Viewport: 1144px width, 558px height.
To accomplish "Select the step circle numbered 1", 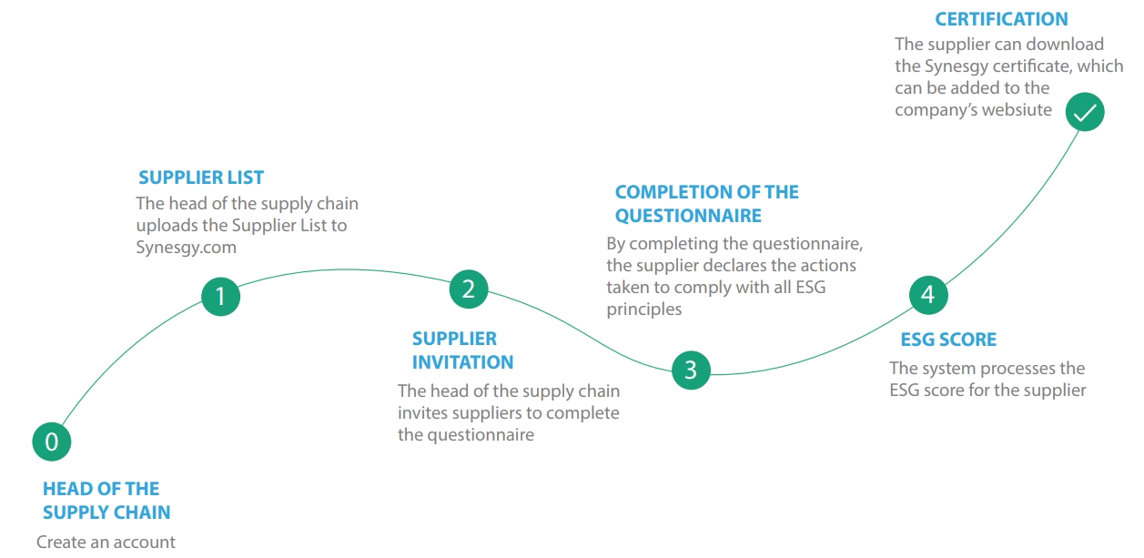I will pos(220,296).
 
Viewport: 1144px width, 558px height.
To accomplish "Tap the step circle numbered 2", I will pos(468,289).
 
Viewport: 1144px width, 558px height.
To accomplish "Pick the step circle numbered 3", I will pos(690,370).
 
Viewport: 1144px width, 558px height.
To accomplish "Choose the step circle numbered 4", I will pos(927,294).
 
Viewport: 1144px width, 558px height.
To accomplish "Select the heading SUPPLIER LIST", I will pos(201,178).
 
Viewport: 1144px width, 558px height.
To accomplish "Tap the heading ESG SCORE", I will pos(948,340).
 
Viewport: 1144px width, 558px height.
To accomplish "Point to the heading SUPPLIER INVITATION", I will pos(462,350).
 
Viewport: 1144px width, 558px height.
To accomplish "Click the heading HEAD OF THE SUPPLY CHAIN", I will pos(106,500).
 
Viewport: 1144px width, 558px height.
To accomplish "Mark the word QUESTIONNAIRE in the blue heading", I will pos(688,216).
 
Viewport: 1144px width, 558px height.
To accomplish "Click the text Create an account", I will pos(106,543).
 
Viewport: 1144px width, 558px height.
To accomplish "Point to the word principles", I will pos(644,309).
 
